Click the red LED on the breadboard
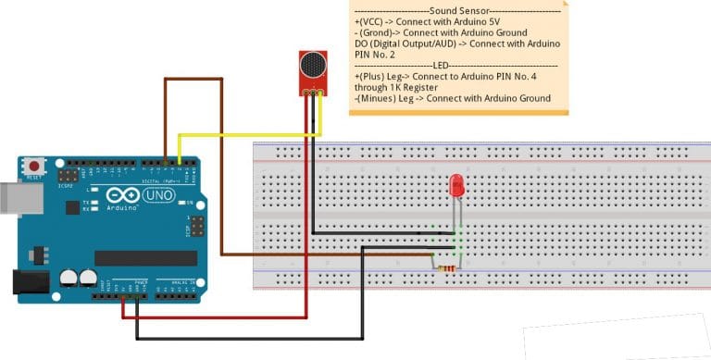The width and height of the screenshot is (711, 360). [456, 185]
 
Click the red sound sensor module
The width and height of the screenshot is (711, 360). [312, 72]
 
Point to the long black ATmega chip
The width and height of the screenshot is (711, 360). [145, 257]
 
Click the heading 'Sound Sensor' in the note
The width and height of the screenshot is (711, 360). [468, 9]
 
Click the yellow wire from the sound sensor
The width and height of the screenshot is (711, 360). [250, 135]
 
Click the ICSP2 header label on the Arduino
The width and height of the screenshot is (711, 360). [65, 184]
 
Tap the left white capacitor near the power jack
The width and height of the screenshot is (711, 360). [69, 277]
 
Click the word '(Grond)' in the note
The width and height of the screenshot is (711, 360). [381, 31]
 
